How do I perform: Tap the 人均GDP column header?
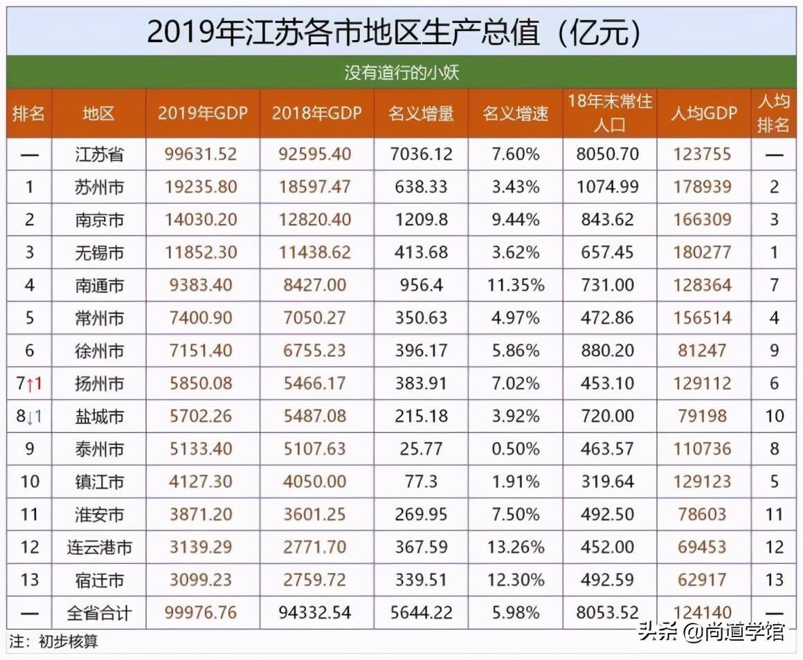[x=703, y=113]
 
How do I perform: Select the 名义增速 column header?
[x=515, y=113]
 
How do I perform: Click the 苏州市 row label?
[x=100, y=187]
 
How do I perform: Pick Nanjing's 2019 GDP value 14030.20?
[x=201, y=220]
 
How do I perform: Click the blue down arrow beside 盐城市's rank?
[x=30, y=416]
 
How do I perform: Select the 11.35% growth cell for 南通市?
[x=515, y=285]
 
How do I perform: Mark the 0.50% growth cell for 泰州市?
[x=515, y=449]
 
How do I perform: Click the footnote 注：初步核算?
[x=54, y=641]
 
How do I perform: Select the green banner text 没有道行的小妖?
[x=401, y=72]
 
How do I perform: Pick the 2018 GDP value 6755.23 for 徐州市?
[x=316, y=351]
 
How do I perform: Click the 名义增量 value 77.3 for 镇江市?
[x=421, y=481]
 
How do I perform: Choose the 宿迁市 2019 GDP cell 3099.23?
[x=201, y=580]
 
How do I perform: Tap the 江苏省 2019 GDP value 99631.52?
[x=201, y=154]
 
